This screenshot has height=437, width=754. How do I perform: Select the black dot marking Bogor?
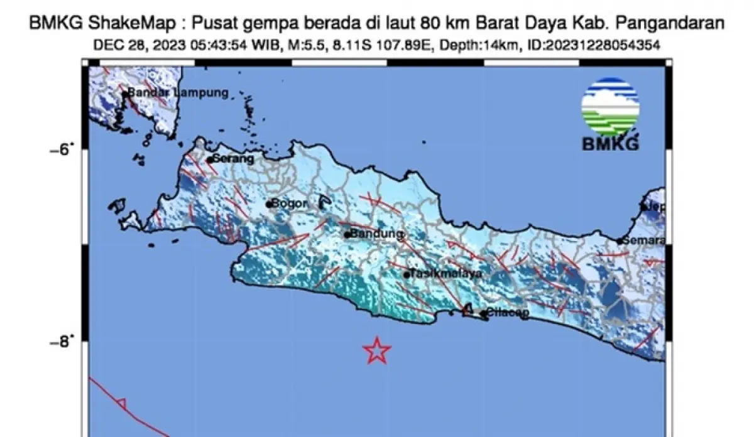click(268, 204)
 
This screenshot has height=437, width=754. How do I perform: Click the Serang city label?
click(234, 159)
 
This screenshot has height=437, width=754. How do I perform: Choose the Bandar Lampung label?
click(178, 93)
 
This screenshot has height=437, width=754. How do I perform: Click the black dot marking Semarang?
click(620, 241)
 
